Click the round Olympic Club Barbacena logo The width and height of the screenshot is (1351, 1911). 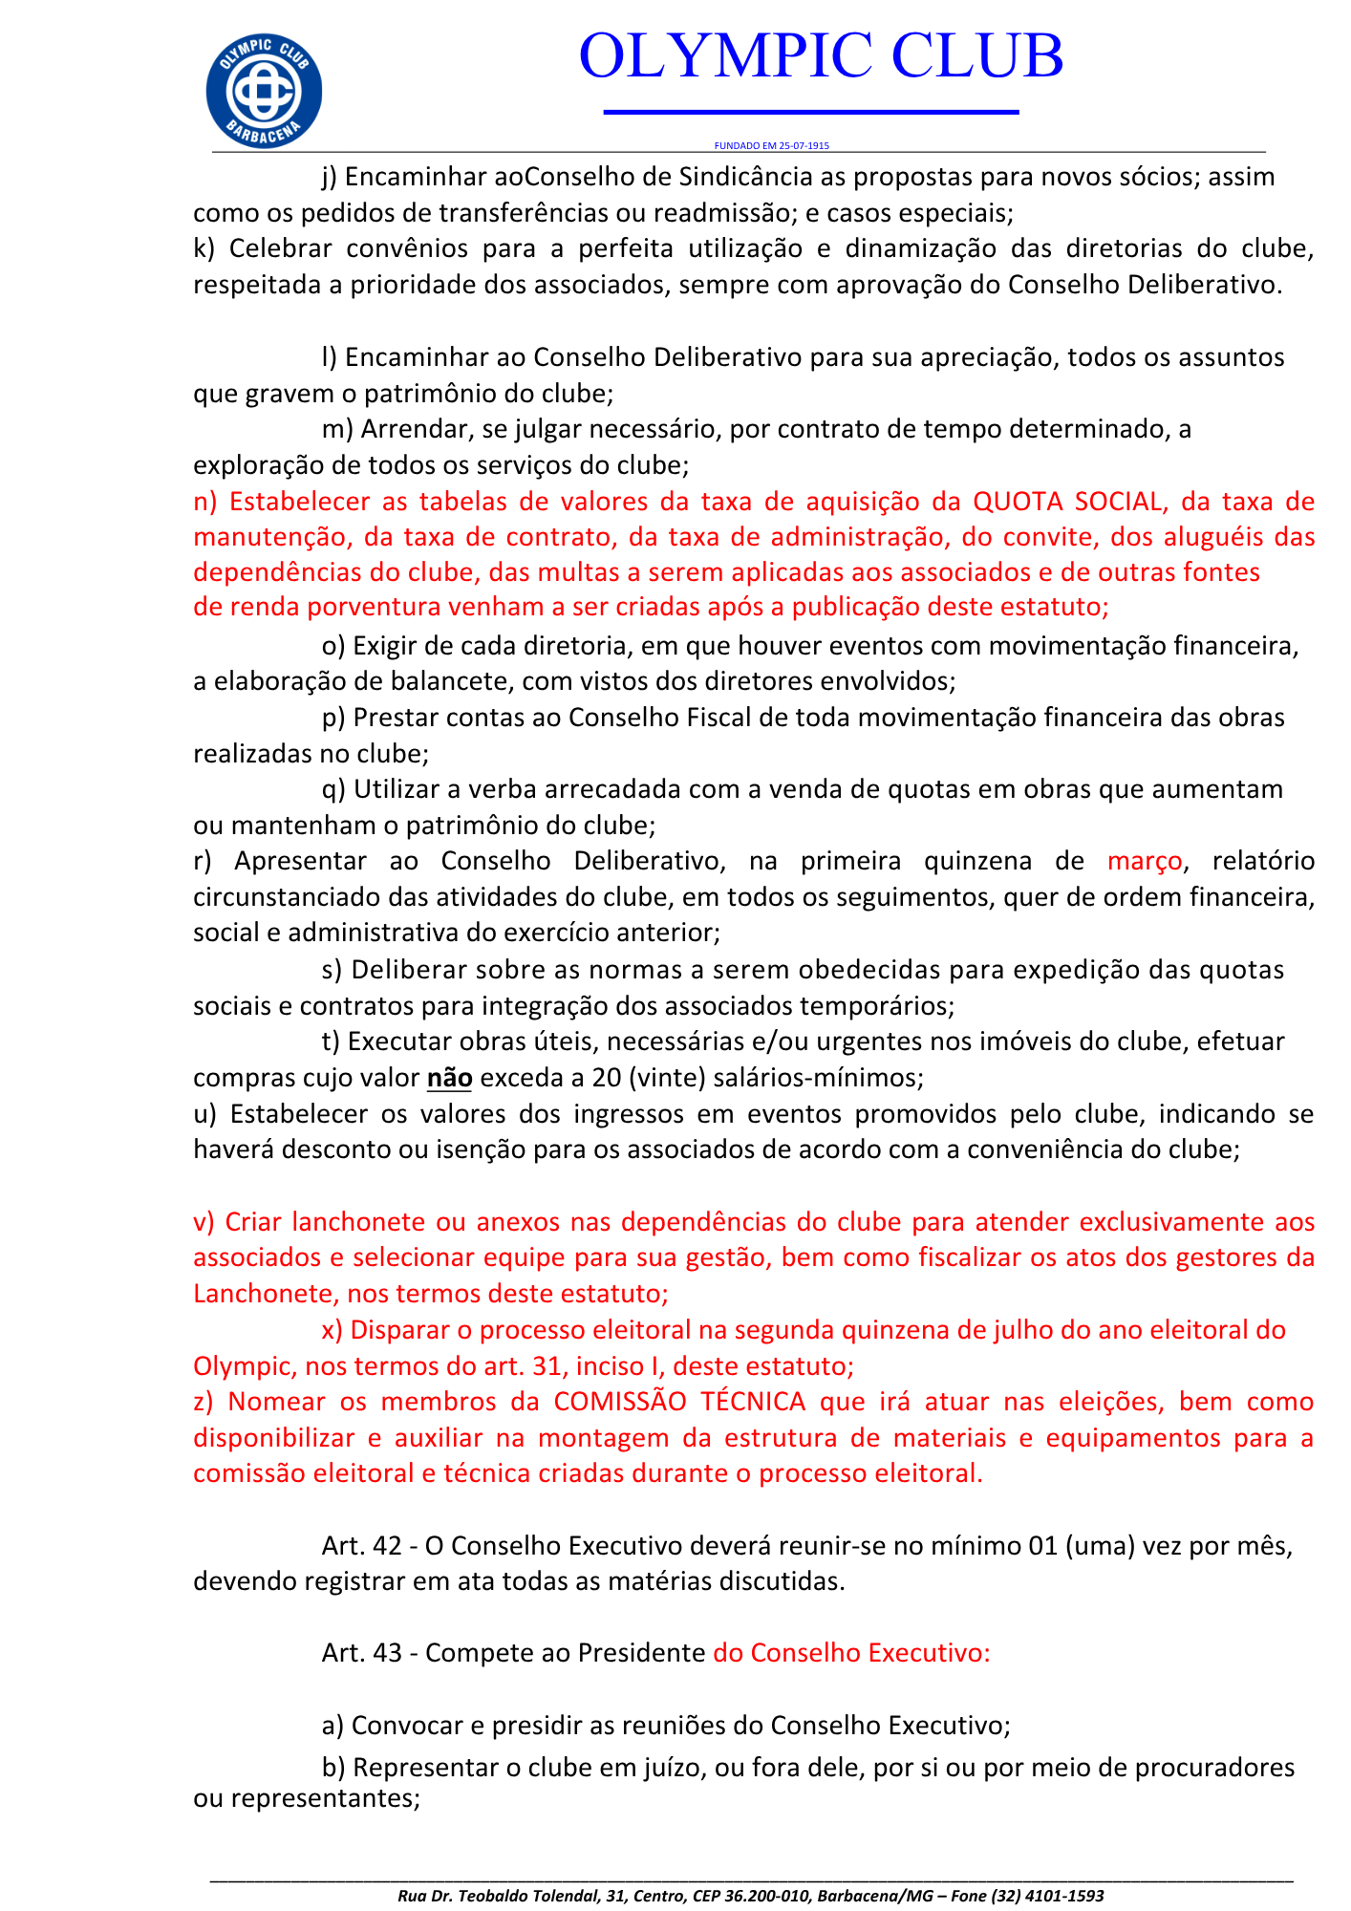[264, 91]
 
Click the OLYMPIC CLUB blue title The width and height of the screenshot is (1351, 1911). [821, 55]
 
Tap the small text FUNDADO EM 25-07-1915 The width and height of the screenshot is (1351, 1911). [771, 146]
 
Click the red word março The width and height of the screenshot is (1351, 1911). [1145, 861]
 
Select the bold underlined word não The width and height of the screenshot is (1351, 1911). [449, 1078]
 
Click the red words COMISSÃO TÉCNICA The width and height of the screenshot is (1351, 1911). [679, 1402]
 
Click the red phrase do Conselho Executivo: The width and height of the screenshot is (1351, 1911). [851, 1653]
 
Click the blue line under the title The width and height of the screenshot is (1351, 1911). [811, 113]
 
